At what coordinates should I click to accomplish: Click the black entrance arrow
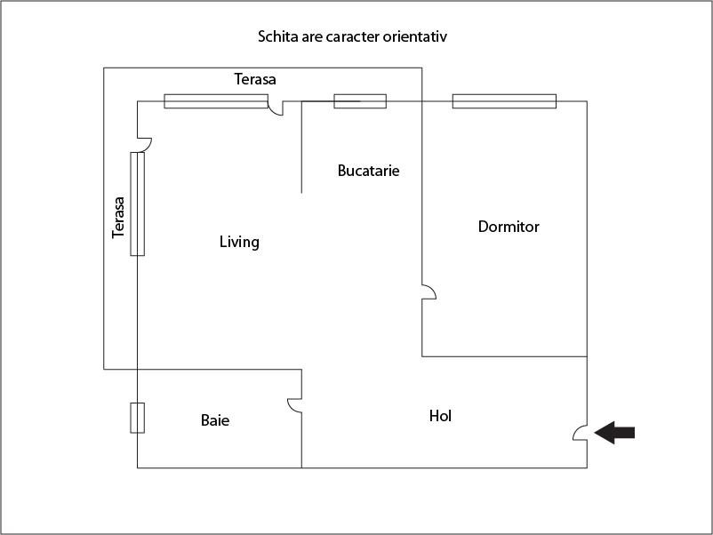(614, 432)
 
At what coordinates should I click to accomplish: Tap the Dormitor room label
(509, 227)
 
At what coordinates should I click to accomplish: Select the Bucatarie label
(368, 171)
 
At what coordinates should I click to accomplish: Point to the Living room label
(239, 242)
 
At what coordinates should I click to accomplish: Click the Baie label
(214, 420)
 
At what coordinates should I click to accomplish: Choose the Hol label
(440, 415)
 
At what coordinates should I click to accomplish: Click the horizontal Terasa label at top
(254, 79)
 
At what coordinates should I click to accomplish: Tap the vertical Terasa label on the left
(118, 217)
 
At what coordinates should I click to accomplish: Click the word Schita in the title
(273, 36)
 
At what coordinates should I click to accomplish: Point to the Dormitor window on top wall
(504, 101)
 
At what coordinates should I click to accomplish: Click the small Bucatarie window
(360, 101)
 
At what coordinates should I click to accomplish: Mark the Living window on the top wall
(216, 101)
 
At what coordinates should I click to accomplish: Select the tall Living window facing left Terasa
(137, 204)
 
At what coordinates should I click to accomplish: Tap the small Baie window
(137, 418)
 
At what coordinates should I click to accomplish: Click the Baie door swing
(294, 406)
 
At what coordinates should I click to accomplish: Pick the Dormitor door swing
(429, 291)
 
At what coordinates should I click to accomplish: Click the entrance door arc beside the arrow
(580, 433)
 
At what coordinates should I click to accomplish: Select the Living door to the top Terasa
(276, 108)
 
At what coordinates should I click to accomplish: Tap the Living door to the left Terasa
(145, 145)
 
